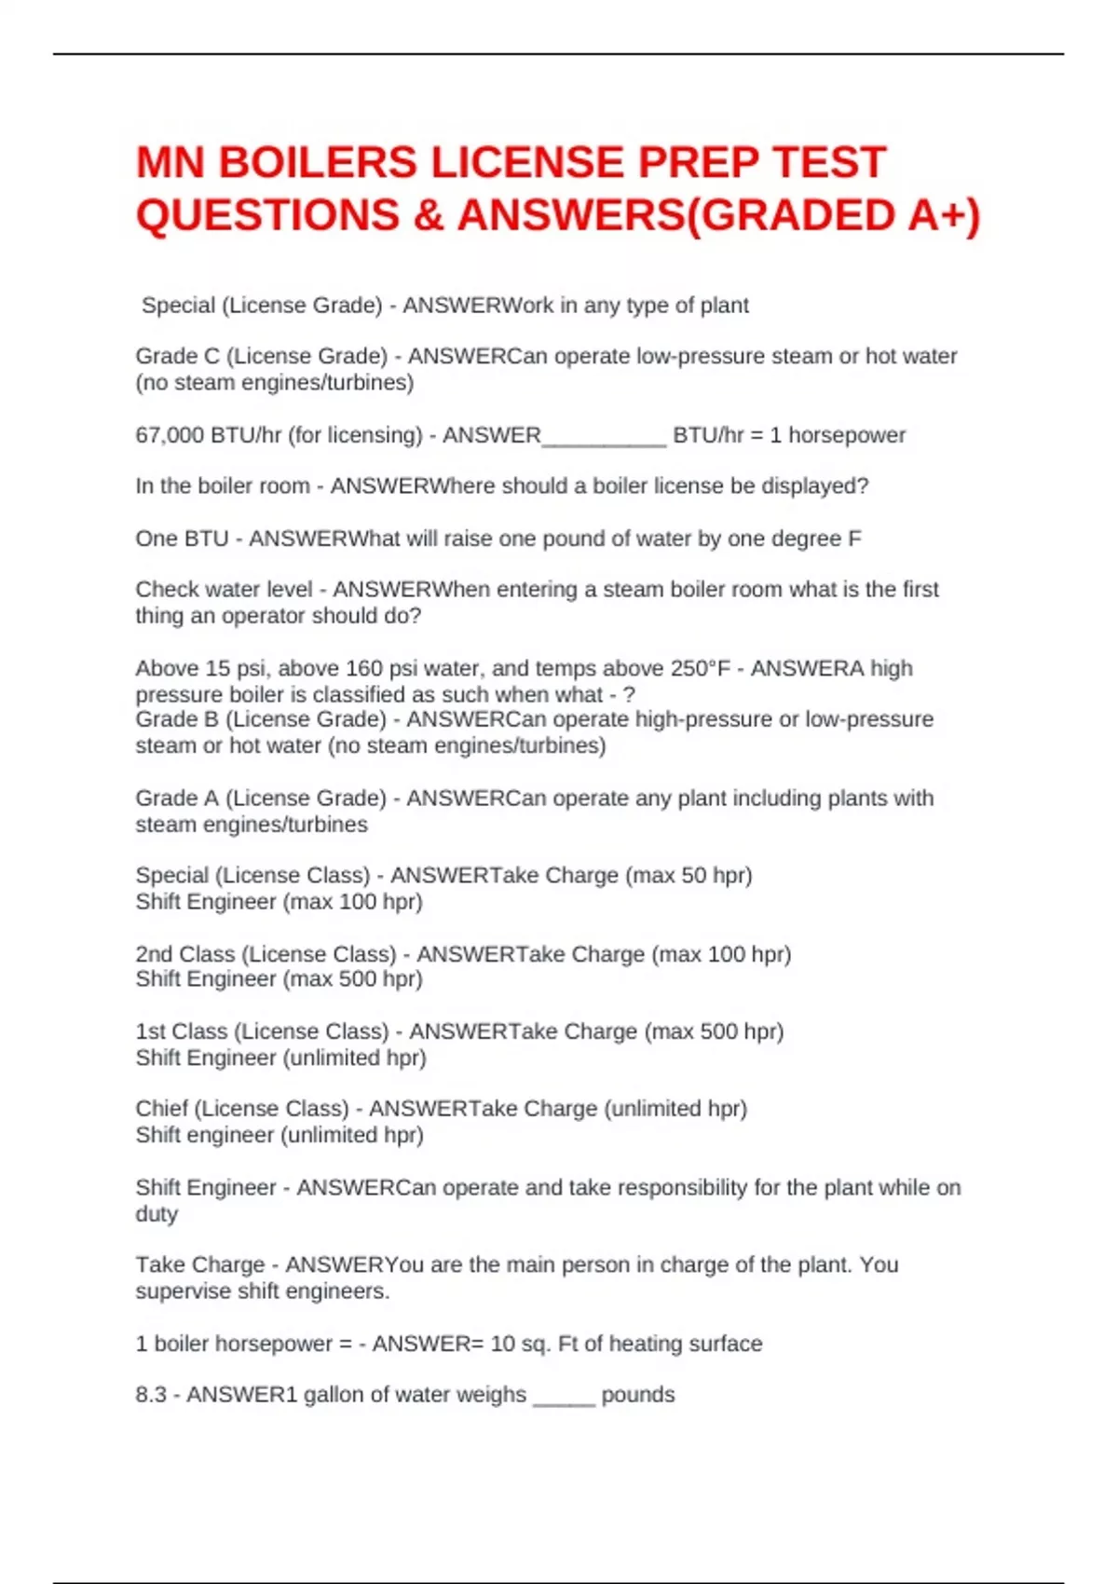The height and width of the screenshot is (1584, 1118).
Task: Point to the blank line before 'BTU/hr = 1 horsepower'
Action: (x=604, y=438)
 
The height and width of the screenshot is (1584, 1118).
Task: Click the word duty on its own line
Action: (x=156, y=1214)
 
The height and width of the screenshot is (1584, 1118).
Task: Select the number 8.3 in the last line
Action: (x=151, y=1395)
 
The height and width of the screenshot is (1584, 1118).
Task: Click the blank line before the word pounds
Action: (x=564, y=1398)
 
